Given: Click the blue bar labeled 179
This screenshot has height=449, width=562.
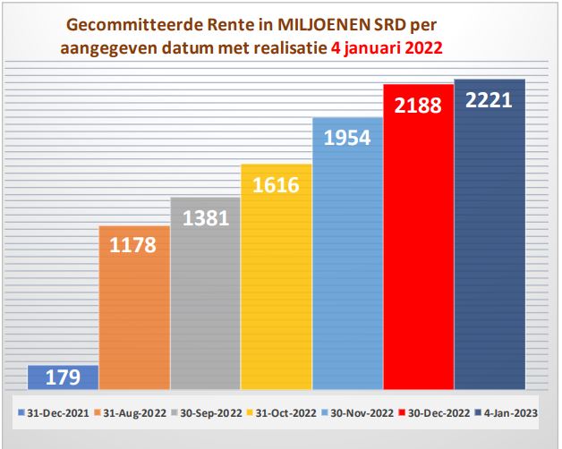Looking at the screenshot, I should pos(64,378).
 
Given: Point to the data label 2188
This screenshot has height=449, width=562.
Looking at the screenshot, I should pos(418,105).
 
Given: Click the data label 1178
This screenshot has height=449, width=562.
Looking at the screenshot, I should pos(134,244).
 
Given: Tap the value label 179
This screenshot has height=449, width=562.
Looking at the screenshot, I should pos(64,377).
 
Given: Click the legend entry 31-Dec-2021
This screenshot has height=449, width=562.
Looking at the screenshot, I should pos(56,412).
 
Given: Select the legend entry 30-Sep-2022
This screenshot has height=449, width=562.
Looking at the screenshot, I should pos(208,412).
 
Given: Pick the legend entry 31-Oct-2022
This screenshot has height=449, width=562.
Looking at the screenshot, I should pos(284,412).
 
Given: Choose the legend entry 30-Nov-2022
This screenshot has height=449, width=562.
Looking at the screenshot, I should pos(361,412).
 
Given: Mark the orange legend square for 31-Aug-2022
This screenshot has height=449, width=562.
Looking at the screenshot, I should pos(98,412).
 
